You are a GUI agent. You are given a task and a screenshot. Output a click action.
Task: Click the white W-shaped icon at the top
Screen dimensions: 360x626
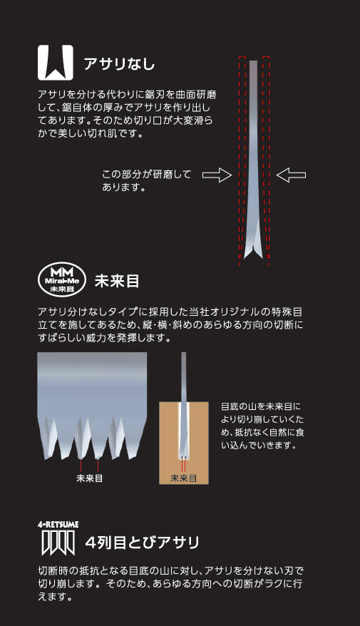pyautogui.click(x=56, y=63)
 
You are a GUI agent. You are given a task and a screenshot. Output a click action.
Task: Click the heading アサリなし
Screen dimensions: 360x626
pyautogui.click(x=119, y=64)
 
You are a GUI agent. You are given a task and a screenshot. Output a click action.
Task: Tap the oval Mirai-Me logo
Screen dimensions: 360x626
pyautogui.click(x=62, y=279)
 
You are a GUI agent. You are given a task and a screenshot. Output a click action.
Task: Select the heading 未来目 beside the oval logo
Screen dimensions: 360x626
pyautogui.click(x=117, y=281)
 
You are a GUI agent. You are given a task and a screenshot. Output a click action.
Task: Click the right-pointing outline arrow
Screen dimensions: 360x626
pyautogui.click(x=217, y=175)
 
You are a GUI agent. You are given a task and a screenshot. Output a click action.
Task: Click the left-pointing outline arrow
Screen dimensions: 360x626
pyautogui.click(x=291, y=175)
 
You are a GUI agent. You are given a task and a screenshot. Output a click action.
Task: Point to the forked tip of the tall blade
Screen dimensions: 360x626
pyautogui.click(x=253, y=254)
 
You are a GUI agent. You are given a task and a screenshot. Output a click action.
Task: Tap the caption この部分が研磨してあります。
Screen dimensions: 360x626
pyautogui.click(x=146, y=180)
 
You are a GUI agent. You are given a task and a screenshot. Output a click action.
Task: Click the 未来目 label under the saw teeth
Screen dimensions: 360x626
pyautogui.click(x=89, y=478)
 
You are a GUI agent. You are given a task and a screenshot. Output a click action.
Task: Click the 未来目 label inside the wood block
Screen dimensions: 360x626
pyautogui.click(x=184, y=478)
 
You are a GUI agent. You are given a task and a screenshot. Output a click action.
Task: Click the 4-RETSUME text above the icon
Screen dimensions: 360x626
pyautogui.click(x=58, y=525)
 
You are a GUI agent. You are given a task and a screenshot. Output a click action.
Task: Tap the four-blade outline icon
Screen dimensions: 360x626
pyautogui.click(x=58, y=543)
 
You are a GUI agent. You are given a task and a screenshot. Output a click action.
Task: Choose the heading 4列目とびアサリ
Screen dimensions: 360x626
pyautogui.click(x=142, y=543)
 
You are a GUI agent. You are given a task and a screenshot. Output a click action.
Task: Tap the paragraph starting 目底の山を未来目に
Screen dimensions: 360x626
pyautogui.click(x=262, y=426)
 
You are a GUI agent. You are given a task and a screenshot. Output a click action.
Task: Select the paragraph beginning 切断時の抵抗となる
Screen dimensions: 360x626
pyautogui.click(x=170, y=584)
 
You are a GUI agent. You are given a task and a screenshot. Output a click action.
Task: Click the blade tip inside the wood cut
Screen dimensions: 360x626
pyautogui.click(x=184, y=456)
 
